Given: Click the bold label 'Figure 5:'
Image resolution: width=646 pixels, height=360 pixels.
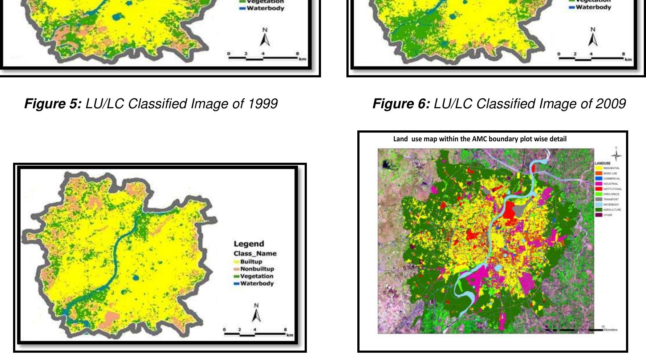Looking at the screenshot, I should coord(53,104).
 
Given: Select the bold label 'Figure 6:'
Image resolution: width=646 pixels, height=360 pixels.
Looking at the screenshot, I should coord(401,104).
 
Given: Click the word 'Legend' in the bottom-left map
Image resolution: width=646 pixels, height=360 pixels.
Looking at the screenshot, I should coord(249,244).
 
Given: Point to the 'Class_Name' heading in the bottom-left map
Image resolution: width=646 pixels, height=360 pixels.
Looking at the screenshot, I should coord(255,254).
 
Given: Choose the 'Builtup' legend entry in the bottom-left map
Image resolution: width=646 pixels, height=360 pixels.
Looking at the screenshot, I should coord(251,262).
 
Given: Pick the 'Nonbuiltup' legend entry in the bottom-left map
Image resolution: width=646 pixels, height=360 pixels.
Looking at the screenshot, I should coord(257,269).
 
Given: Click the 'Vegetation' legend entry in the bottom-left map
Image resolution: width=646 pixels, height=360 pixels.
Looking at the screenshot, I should coord(256,276).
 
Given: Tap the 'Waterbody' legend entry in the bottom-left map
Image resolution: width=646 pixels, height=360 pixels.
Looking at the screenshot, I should coord(257,283).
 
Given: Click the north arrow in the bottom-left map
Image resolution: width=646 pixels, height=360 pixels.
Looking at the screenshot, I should coord(256,313).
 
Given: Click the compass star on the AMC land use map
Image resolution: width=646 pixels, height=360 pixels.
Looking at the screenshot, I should coord(616,155).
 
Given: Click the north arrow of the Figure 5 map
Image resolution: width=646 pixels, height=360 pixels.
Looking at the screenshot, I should coord(265,38).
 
